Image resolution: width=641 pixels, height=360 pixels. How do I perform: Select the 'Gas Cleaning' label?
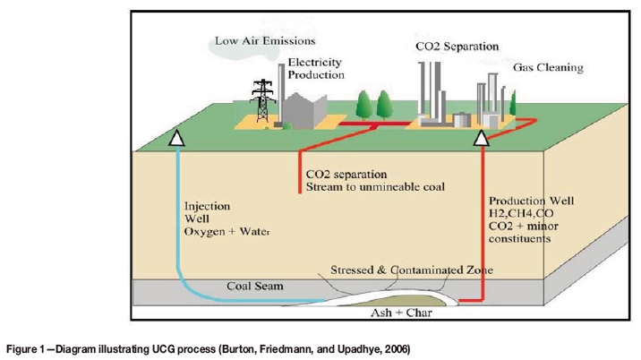pyautogui.click(x=548, y=67)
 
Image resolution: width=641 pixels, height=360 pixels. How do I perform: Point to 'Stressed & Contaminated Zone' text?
pyautogui.click(x=398, y=270)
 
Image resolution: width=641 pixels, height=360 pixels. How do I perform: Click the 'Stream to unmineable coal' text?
pyautogui.click(x=375, y=187)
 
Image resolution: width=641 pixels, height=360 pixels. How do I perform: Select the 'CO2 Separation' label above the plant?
pyautogui.click(x=457, y=45)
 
